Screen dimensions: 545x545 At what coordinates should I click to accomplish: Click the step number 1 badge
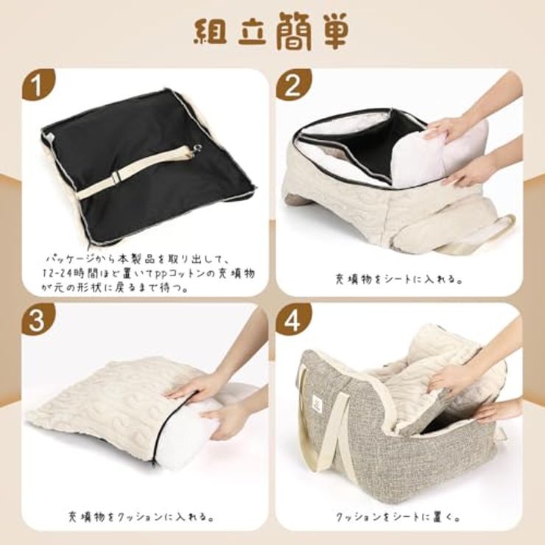pos(38,85)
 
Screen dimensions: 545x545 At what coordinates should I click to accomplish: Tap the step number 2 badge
pos(292,85)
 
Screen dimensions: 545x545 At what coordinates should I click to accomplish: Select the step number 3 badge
pos(38,319)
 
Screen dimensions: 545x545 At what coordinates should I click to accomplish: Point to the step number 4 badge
pos(292,319)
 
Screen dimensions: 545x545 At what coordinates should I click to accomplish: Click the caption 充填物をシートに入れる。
pos(398,278)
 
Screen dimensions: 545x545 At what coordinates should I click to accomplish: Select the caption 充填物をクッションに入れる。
pos(141,516)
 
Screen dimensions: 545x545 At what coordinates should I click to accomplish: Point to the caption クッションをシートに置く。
pos(398,516)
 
